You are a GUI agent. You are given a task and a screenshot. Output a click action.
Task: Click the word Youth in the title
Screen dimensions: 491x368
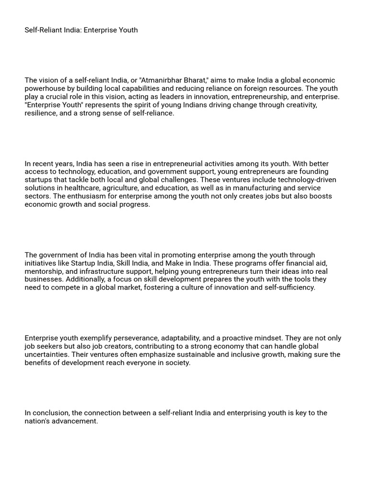tap(127, 30)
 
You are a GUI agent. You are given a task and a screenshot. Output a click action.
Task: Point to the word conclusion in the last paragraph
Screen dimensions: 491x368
tap(49, 413)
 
